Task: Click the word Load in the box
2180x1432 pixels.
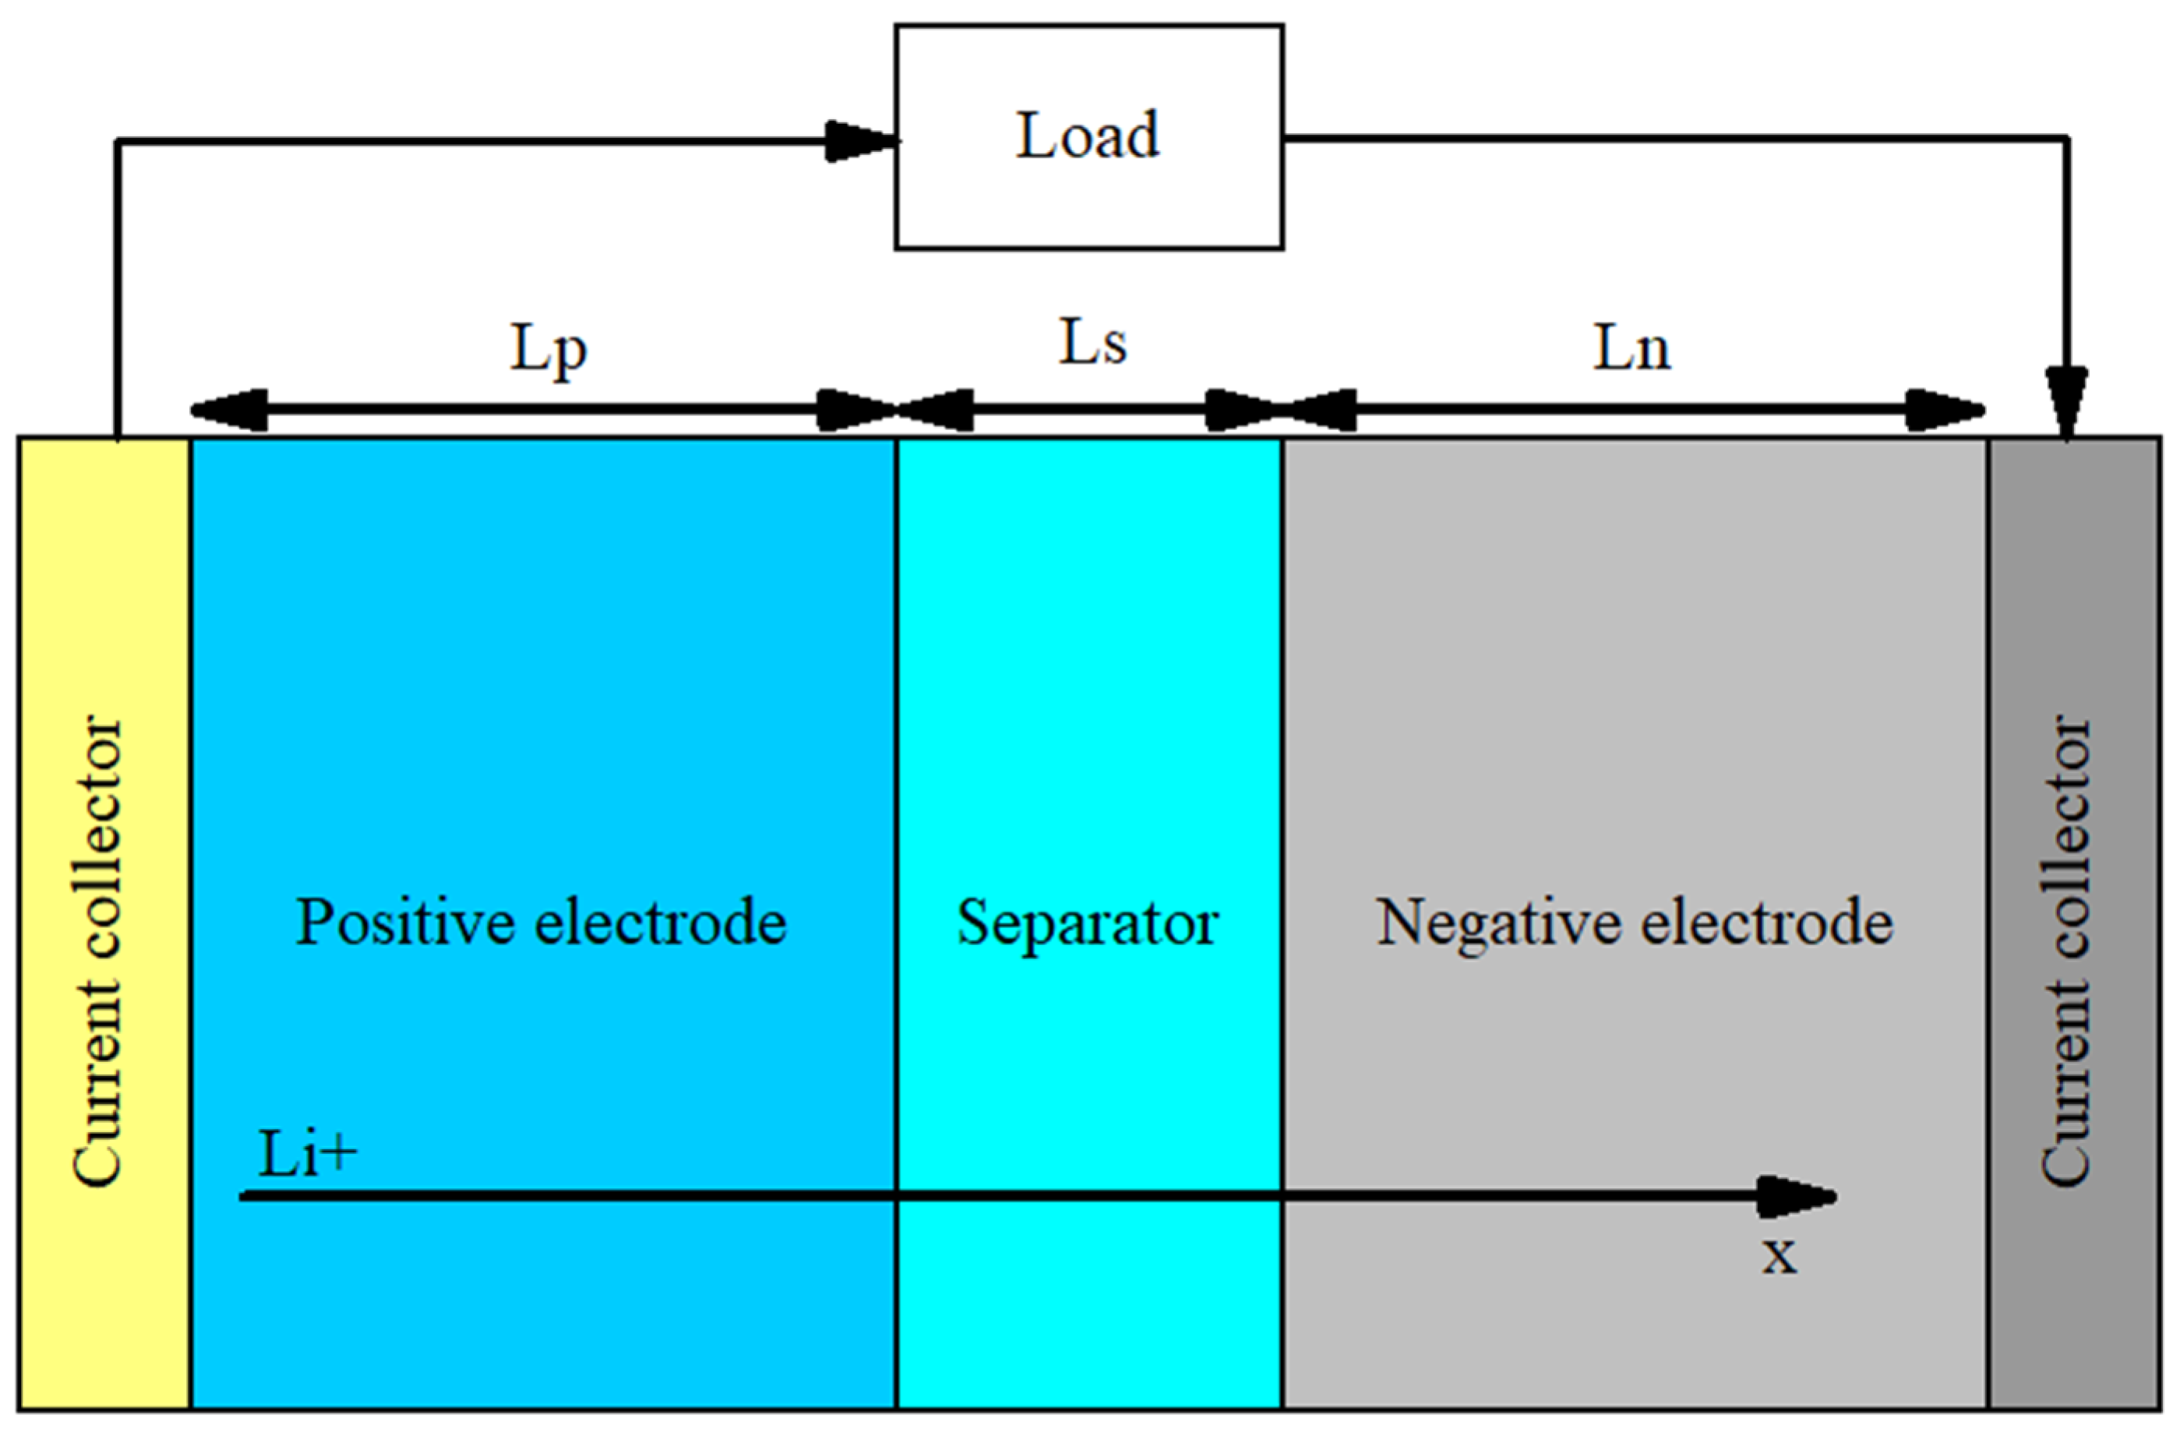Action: (x=1088, y=136)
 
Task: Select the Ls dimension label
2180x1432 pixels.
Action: (x=1092, y=344)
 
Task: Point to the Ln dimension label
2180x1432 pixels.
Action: (x=1632, y=349)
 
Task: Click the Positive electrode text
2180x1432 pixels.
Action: (x=541, y=922)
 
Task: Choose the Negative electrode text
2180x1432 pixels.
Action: (x=1635, y=922)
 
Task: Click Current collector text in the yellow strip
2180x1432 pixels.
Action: (x=97, y=953)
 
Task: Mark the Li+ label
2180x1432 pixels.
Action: (x=307, y=1154)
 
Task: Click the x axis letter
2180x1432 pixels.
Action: (x=1780, y=1254)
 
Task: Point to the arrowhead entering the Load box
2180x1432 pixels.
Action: (x=861, y=141)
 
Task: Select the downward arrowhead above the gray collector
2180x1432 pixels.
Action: (x=2067, y=403)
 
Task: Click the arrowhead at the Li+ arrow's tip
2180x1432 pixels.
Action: (x=1796, y=1197)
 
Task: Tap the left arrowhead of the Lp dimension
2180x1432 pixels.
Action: (x=229, y=410)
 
